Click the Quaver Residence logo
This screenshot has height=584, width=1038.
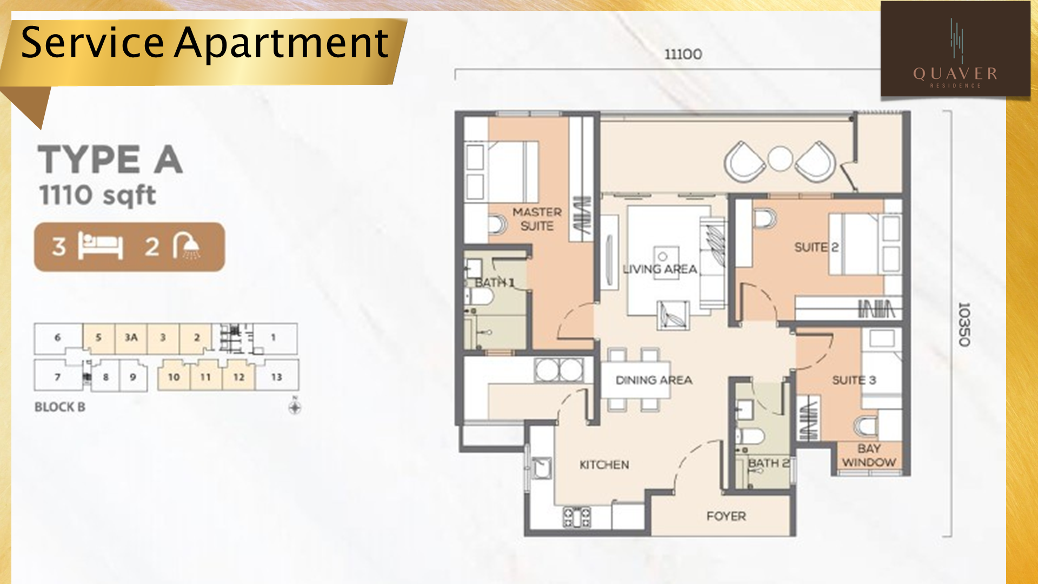click(955, 49)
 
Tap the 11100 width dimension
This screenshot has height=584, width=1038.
click(683, 54)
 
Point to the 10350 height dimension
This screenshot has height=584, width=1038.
click(964, 324)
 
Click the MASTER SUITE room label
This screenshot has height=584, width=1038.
click(537, 219)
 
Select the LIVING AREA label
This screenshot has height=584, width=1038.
click(660, 269)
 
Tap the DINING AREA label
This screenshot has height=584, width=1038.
click(654, 380)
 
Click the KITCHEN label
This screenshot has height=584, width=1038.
click(604, 465)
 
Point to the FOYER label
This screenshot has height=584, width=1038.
click(726, 516)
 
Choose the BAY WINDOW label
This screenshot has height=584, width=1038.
click(869, 455)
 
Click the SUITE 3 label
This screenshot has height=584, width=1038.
click(854, 380)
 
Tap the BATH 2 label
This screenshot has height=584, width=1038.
click(768, 463)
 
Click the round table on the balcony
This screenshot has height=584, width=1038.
click(780, 159)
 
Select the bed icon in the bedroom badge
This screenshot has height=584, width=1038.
click(101, 246)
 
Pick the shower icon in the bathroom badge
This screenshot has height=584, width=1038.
click(187, 247)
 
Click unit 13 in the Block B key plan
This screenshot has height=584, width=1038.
click(276, 377)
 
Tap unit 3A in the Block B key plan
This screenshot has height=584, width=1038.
click(131, 337)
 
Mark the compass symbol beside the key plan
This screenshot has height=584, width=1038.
click(295, 407)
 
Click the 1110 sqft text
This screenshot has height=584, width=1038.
click(97, 195)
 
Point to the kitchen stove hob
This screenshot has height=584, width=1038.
click(577, 517)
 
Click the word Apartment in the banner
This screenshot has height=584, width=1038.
click(281, 43)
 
